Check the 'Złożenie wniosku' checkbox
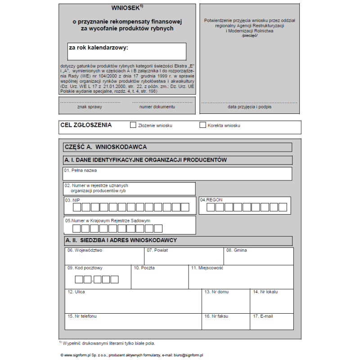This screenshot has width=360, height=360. tap(133, 125)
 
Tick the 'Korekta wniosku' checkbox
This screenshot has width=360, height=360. tap(202, 125)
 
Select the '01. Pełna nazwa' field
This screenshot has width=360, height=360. tap(178, 174)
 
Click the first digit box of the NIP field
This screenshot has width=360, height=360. tap(77, 207)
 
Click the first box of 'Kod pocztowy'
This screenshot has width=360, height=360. tap(79, 279)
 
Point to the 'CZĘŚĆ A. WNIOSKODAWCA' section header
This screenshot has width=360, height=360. tap(106, 147)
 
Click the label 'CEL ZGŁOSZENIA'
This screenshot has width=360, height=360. tap(86, 125)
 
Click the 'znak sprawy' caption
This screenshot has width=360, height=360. tap(90, 107)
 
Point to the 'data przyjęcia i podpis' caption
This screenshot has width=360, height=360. tap(249, 107)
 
